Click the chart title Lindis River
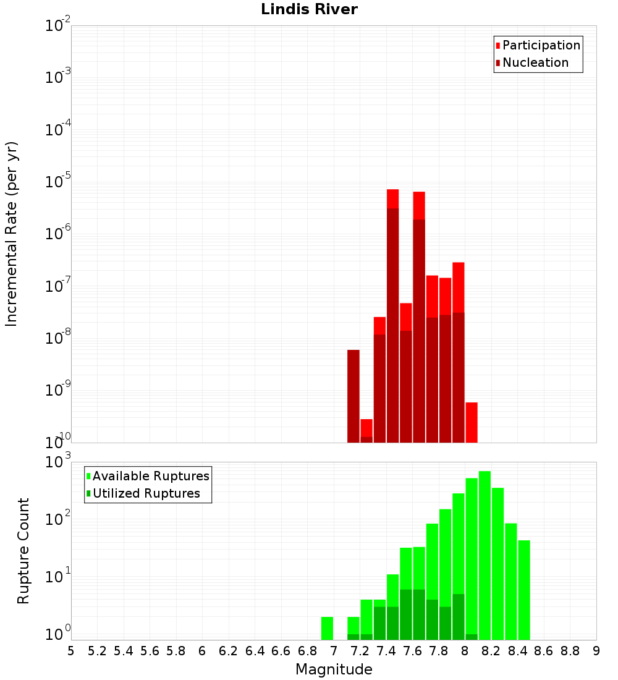309,10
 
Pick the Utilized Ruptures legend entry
146,494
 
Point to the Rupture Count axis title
23,551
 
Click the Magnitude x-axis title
334,669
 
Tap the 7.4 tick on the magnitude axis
386,651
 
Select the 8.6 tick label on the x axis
544,651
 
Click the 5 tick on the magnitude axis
71,651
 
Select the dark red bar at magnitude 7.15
353,396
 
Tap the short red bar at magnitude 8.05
472,422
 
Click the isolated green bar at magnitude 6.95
327,628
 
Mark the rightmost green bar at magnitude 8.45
524,590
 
